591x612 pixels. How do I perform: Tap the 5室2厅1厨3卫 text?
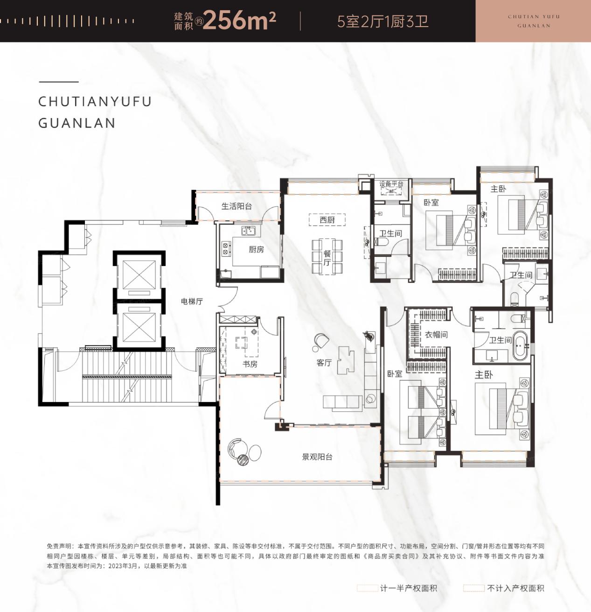382,21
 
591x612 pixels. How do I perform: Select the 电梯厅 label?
192,301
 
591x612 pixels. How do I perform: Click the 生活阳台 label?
236,206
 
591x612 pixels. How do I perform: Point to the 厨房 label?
256,250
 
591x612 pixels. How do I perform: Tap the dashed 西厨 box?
327,220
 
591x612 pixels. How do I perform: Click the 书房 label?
250,364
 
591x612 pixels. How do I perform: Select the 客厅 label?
324,363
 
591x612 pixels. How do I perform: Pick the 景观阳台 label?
317,457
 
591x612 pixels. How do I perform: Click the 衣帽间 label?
436,335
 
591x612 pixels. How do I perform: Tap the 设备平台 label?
391,184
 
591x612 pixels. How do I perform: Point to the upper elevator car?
139,274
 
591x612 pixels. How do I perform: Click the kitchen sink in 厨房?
249,232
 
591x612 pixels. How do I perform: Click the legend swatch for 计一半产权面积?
367,588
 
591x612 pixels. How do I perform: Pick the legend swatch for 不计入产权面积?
474,588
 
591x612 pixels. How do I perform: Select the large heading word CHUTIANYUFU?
95,102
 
